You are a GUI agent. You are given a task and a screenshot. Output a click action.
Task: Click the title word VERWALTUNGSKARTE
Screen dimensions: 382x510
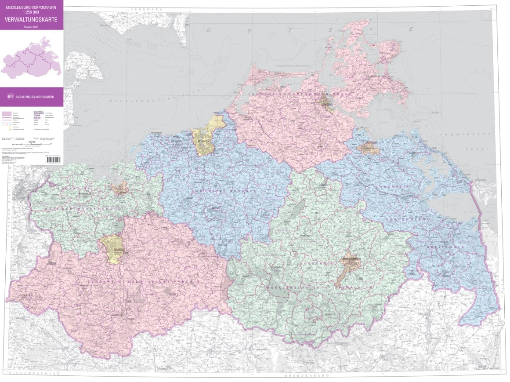31,19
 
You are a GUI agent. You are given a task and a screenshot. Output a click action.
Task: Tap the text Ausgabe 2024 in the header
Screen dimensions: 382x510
31,27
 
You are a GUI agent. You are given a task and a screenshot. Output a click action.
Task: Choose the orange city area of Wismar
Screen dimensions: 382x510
119,189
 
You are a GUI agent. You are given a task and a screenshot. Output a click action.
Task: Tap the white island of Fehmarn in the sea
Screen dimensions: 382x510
83,70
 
